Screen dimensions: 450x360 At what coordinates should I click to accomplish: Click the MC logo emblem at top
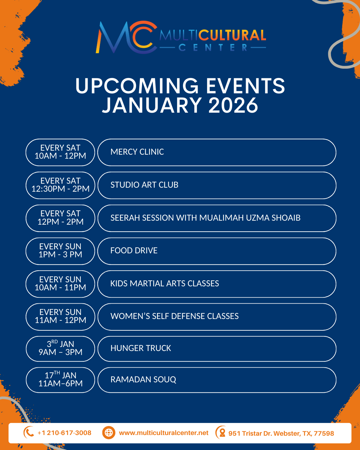click(126, 37)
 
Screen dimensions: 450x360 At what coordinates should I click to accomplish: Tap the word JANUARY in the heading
click(152, 105)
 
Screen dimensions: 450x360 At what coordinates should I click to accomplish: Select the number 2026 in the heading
click(233, 105)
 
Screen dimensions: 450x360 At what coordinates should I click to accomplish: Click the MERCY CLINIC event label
click(137, 152)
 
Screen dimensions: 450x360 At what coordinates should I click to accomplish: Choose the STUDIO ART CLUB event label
click(144, 185)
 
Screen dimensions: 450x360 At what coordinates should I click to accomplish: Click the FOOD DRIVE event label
click(134, 251)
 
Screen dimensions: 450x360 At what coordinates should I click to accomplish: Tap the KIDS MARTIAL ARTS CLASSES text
click(165, 284)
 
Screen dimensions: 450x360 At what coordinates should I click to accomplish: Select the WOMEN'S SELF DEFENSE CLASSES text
click(174, 316)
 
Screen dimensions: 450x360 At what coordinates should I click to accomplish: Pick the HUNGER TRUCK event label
click(141, 348)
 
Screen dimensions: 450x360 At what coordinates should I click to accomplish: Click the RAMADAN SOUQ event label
click(143, 380)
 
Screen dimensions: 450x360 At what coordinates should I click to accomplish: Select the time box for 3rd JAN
click(60, 349)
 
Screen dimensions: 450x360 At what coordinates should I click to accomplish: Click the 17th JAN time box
click(60, 380)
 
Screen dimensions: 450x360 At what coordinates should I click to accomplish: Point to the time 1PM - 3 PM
click(60, 255)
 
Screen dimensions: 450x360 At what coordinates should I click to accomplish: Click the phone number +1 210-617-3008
click(64, 433)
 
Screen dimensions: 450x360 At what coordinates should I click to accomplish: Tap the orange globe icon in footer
click(109, 433)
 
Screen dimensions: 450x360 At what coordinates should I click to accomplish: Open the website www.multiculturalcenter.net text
click(164, 433)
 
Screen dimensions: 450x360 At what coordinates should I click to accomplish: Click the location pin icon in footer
click(221, 433)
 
